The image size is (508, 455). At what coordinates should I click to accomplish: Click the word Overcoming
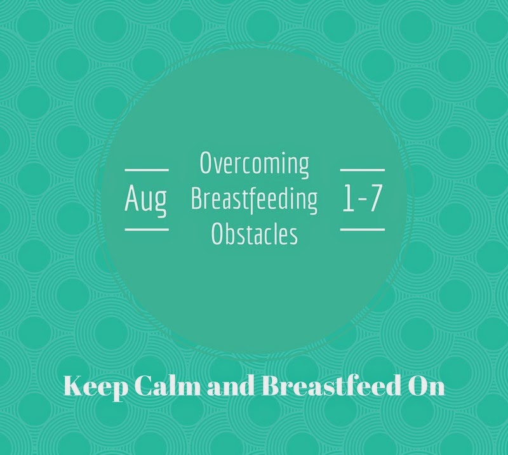click(255, 164)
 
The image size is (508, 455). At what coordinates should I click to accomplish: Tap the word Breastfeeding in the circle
click(255, 200)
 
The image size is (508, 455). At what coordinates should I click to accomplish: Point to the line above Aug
click(147, 169)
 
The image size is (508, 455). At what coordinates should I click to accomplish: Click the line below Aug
click(147, 230)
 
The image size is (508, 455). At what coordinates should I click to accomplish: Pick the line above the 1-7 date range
click(363, 169)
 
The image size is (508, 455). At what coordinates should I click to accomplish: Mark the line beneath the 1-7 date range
click(363, 230)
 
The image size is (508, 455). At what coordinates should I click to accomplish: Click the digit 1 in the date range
click(348, 198)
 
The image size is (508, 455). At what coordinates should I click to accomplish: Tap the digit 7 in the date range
click(374, 198)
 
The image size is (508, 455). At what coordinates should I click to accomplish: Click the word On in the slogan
click(426, 386)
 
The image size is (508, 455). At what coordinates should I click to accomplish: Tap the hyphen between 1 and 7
click(361, 199)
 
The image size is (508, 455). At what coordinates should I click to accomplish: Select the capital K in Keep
click(75, 386)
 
